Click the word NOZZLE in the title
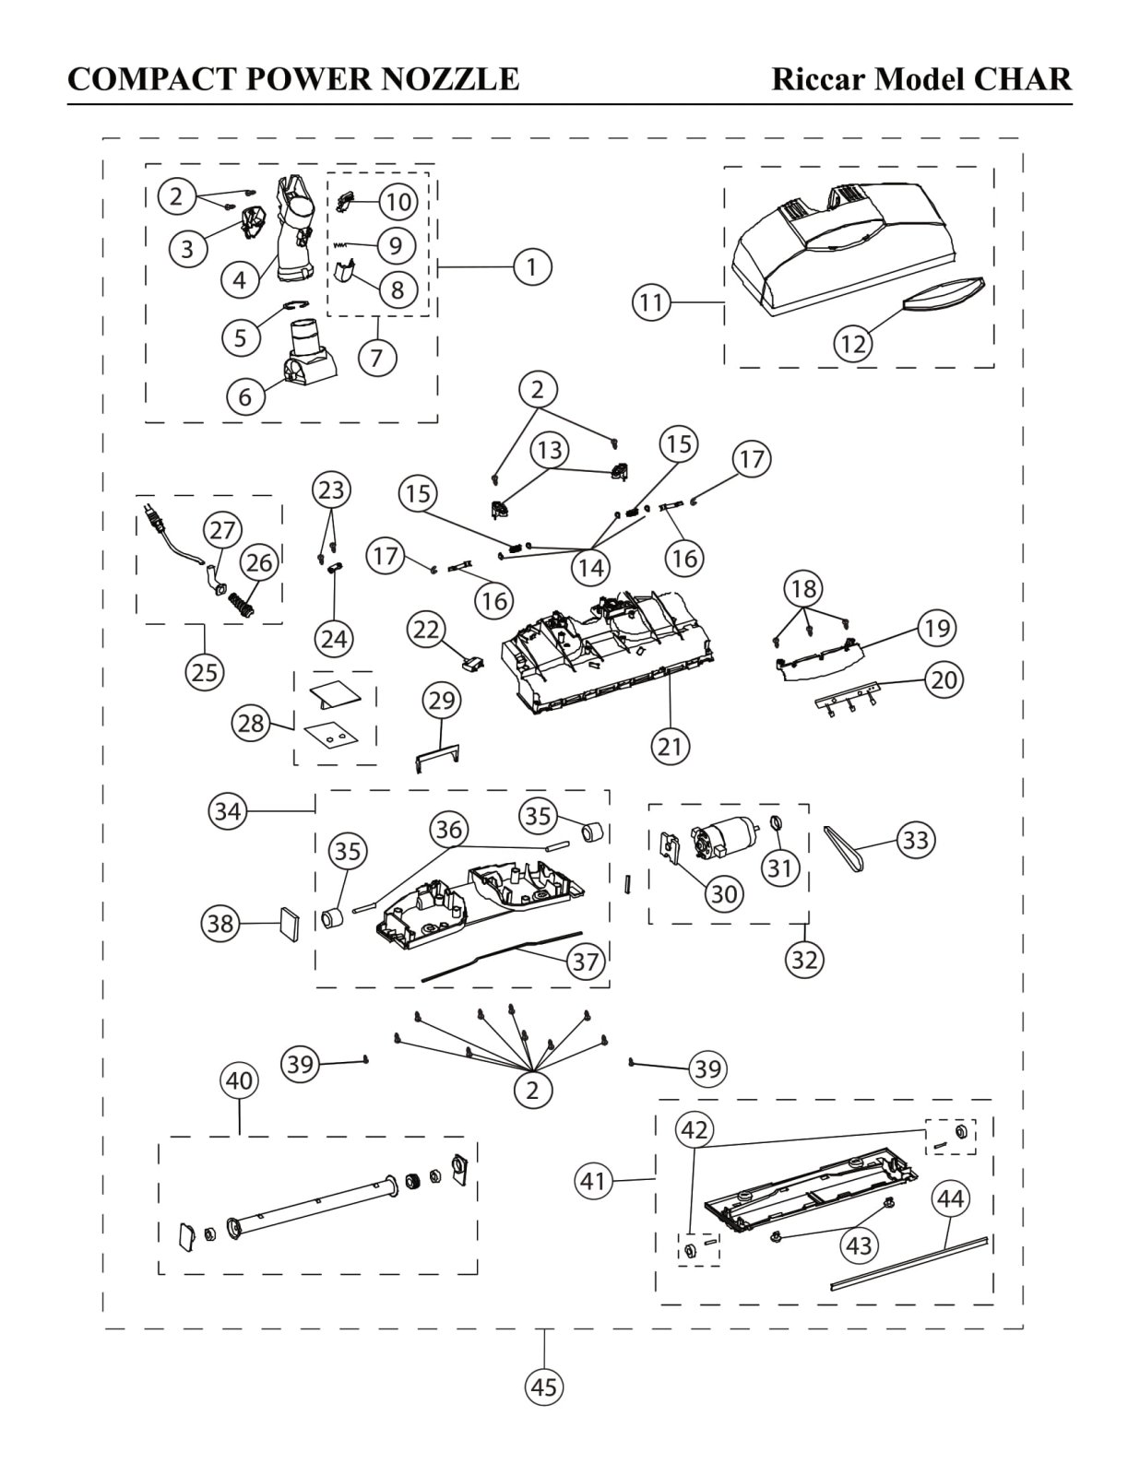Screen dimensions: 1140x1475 click(x=450, y=78)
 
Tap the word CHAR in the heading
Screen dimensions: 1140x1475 click(x=1023, y=78)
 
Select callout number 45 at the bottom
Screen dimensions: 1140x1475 click(x=544, y=1386)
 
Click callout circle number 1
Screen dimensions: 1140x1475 click(x=532, y=267)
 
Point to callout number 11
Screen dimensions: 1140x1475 click(x=652, y=302)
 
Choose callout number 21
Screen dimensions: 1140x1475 click(x=671, y=747)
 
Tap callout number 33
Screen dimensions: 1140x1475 click(x=916, y=840)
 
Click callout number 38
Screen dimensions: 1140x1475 click(x=220, y=923)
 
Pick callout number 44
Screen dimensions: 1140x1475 click(x=951, y=1199)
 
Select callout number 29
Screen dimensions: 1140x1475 click(x=442, y=701)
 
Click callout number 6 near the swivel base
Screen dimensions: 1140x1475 click(x=244, y=396)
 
